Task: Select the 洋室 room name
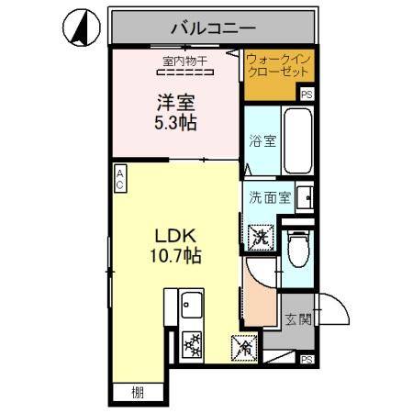pyautogui.click(x=173, y=101)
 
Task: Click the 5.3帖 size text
pyautogui.click(x=173, y=121)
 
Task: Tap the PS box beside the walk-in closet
pyautogui.click(x=307, y=94)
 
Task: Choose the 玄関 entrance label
pyautogui.click(x=296, y=319)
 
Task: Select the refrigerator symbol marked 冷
pyautogui.click(x=243, y=349)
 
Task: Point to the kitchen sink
pyautogui.click(x=192, y=302)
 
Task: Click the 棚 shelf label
pyautogui.click(x=137, y=393)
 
